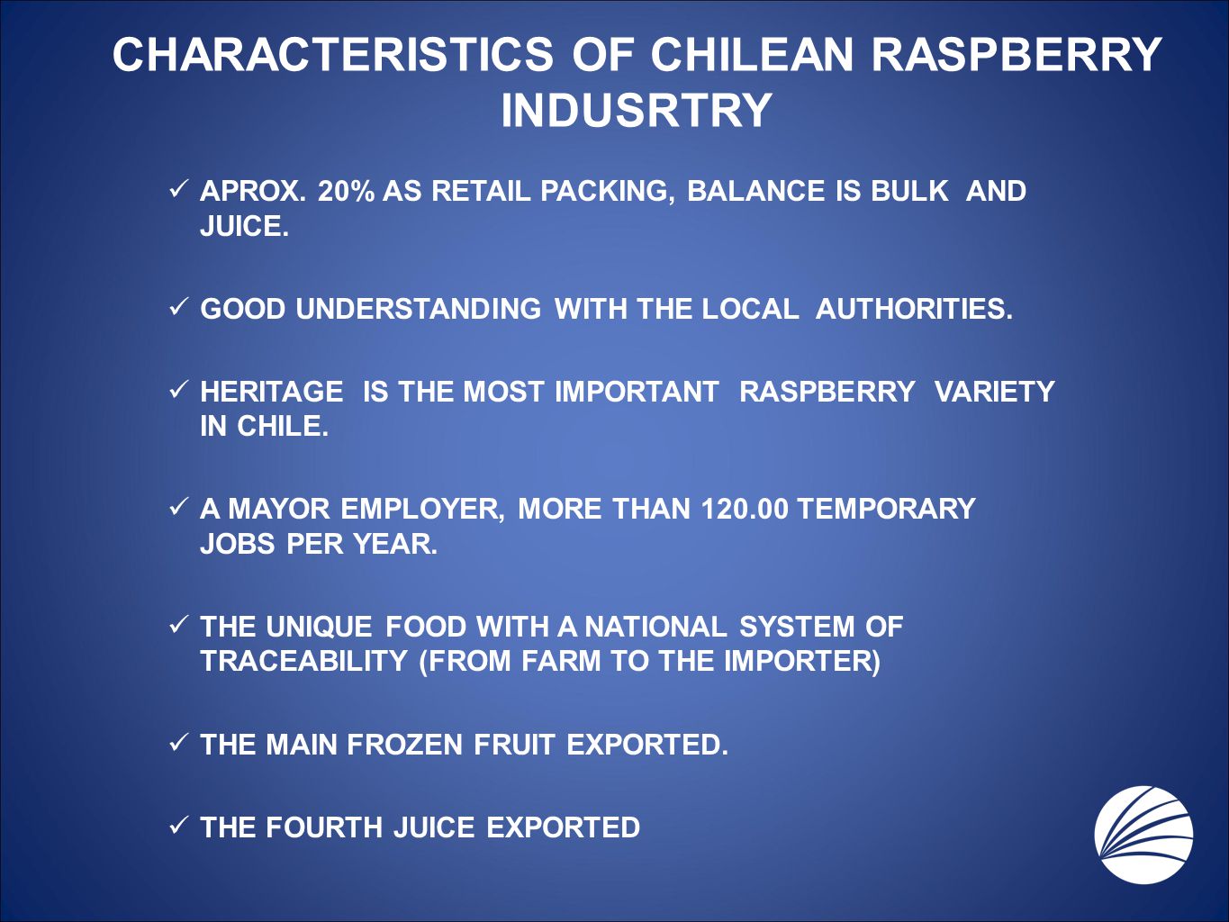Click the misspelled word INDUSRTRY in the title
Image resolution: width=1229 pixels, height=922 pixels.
click(637, 110)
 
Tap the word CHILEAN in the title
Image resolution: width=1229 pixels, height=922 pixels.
click(751, 55)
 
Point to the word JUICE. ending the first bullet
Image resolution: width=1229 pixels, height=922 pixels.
click(244, 226)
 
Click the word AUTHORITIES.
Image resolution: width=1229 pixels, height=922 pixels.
click(915, 309)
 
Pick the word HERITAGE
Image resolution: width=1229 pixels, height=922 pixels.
click(272, 391)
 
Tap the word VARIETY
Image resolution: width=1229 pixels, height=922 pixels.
click(994, 391)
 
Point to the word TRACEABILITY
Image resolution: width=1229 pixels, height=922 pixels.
click(304, 661)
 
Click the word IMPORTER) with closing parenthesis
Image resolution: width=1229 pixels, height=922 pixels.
click(802, 661)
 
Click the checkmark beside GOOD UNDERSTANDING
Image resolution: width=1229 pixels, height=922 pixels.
click(177, 307)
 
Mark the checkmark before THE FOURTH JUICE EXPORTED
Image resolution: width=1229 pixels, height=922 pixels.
click(177, 825)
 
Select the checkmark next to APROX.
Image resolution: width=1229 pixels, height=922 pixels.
click(177, 189)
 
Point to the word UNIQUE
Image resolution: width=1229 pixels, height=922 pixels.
click(319, 626)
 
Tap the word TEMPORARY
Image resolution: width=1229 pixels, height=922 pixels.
click(887, 509)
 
